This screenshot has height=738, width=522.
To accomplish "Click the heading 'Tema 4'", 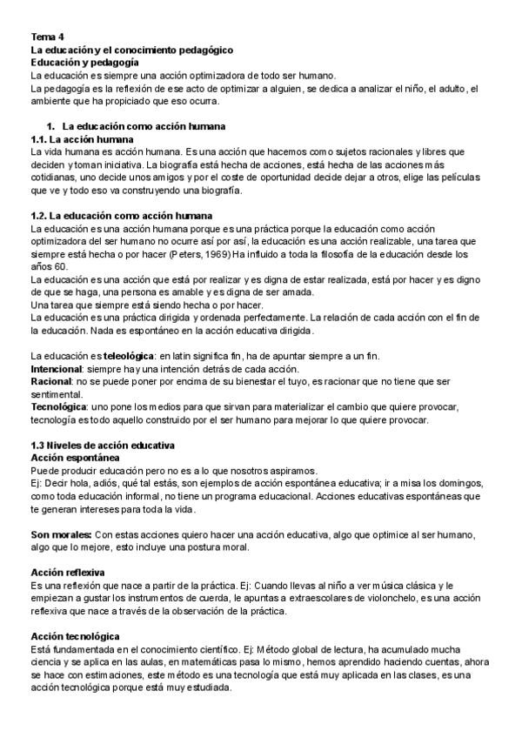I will click(47, 37).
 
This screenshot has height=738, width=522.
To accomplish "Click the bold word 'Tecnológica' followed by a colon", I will click(58, 407).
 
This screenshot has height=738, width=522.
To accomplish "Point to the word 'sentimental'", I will click(57, 394).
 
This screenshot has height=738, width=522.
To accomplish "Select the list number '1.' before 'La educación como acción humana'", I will click(51, 126).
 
